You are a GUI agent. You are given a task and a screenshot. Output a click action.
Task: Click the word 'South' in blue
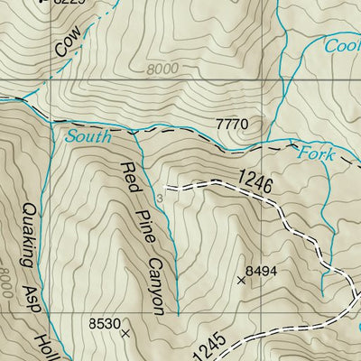click(x=88, y=137)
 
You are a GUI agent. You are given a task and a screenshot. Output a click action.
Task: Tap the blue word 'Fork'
click(x=316, y=154)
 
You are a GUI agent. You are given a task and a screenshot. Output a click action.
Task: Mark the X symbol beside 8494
click(x=240, y=281)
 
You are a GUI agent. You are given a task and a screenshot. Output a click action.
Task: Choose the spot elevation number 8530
click(x=104, y=322)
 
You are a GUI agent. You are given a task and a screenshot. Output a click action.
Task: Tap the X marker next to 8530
click(x=125, y=333)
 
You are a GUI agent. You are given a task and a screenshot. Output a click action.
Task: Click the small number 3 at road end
click(x=159, y=194)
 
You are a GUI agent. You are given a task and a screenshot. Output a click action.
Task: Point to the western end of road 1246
click(x=167, y=189)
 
